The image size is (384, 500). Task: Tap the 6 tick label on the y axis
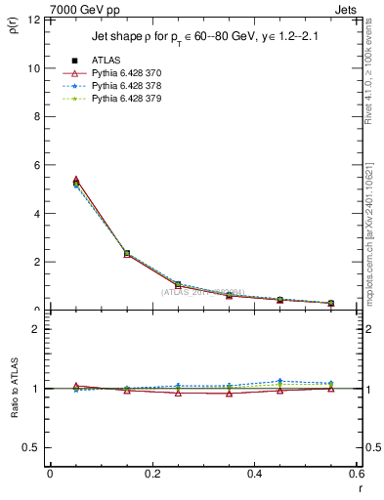tap(36, 165)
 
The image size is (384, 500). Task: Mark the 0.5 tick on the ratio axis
tap(31, 447)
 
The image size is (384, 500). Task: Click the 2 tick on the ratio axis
tap(36, 329)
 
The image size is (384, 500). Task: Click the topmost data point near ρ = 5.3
tap(50, 182)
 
